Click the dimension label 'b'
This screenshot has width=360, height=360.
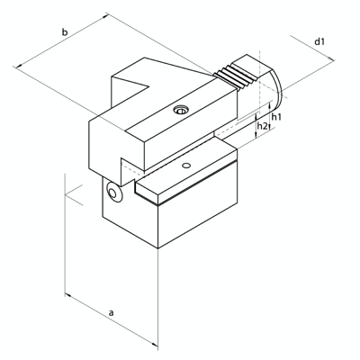point(65,33)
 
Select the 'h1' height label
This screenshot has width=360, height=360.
point(276,117)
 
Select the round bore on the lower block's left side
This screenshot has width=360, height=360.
point(113,194)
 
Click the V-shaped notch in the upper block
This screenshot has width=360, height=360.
point(133,90)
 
